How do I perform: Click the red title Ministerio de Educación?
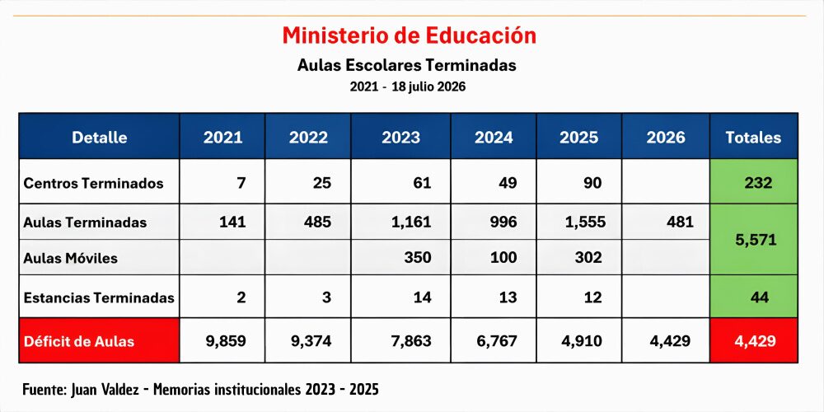(410, 35)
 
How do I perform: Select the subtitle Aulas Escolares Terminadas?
(407, 65)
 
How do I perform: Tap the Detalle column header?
(100, 137)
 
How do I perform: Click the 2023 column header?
(401, 137)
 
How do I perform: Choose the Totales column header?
(754, 137)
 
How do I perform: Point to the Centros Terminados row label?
(93, 184)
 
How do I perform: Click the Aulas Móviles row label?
(70, 258)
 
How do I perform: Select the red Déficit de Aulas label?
(79, 341)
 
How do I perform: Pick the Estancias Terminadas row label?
(99, 297)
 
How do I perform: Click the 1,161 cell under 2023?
(411, 222)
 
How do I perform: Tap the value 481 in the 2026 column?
(680, 222)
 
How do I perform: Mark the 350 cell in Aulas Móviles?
(418, 257)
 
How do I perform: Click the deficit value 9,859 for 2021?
(226, 341)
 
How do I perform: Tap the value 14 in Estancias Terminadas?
(423, 297)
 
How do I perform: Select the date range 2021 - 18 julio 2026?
(408, 87)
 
